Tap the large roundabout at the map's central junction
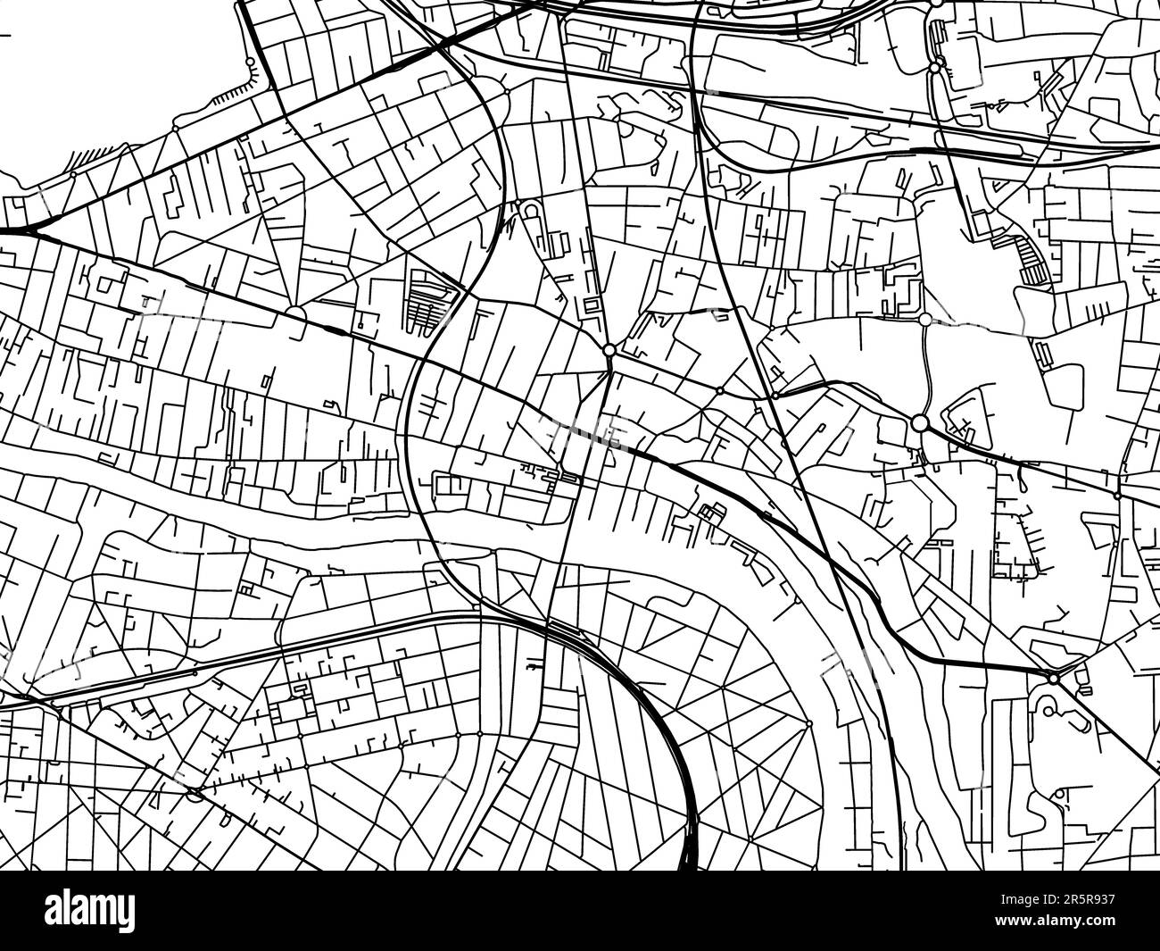click(x=609, y=350)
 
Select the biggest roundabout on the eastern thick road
click(x=920, y=422)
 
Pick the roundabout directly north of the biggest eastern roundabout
click(x=925, y=319)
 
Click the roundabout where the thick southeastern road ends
click(x=1054, y=680)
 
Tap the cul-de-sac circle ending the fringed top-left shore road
click(x=251, y=62)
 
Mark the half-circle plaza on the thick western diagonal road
click(x=294, y=313)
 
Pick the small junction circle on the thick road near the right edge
click(x=1116, y=494)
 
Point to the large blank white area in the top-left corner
click(x=107, y=71)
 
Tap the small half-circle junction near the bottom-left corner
click(x=195, y=791)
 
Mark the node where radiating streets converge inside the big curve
click(x=807, y=722)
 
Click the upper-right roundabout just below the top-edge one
click(x=934, y=68)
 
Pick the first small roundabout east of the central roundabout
click(x=719, y=390)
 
